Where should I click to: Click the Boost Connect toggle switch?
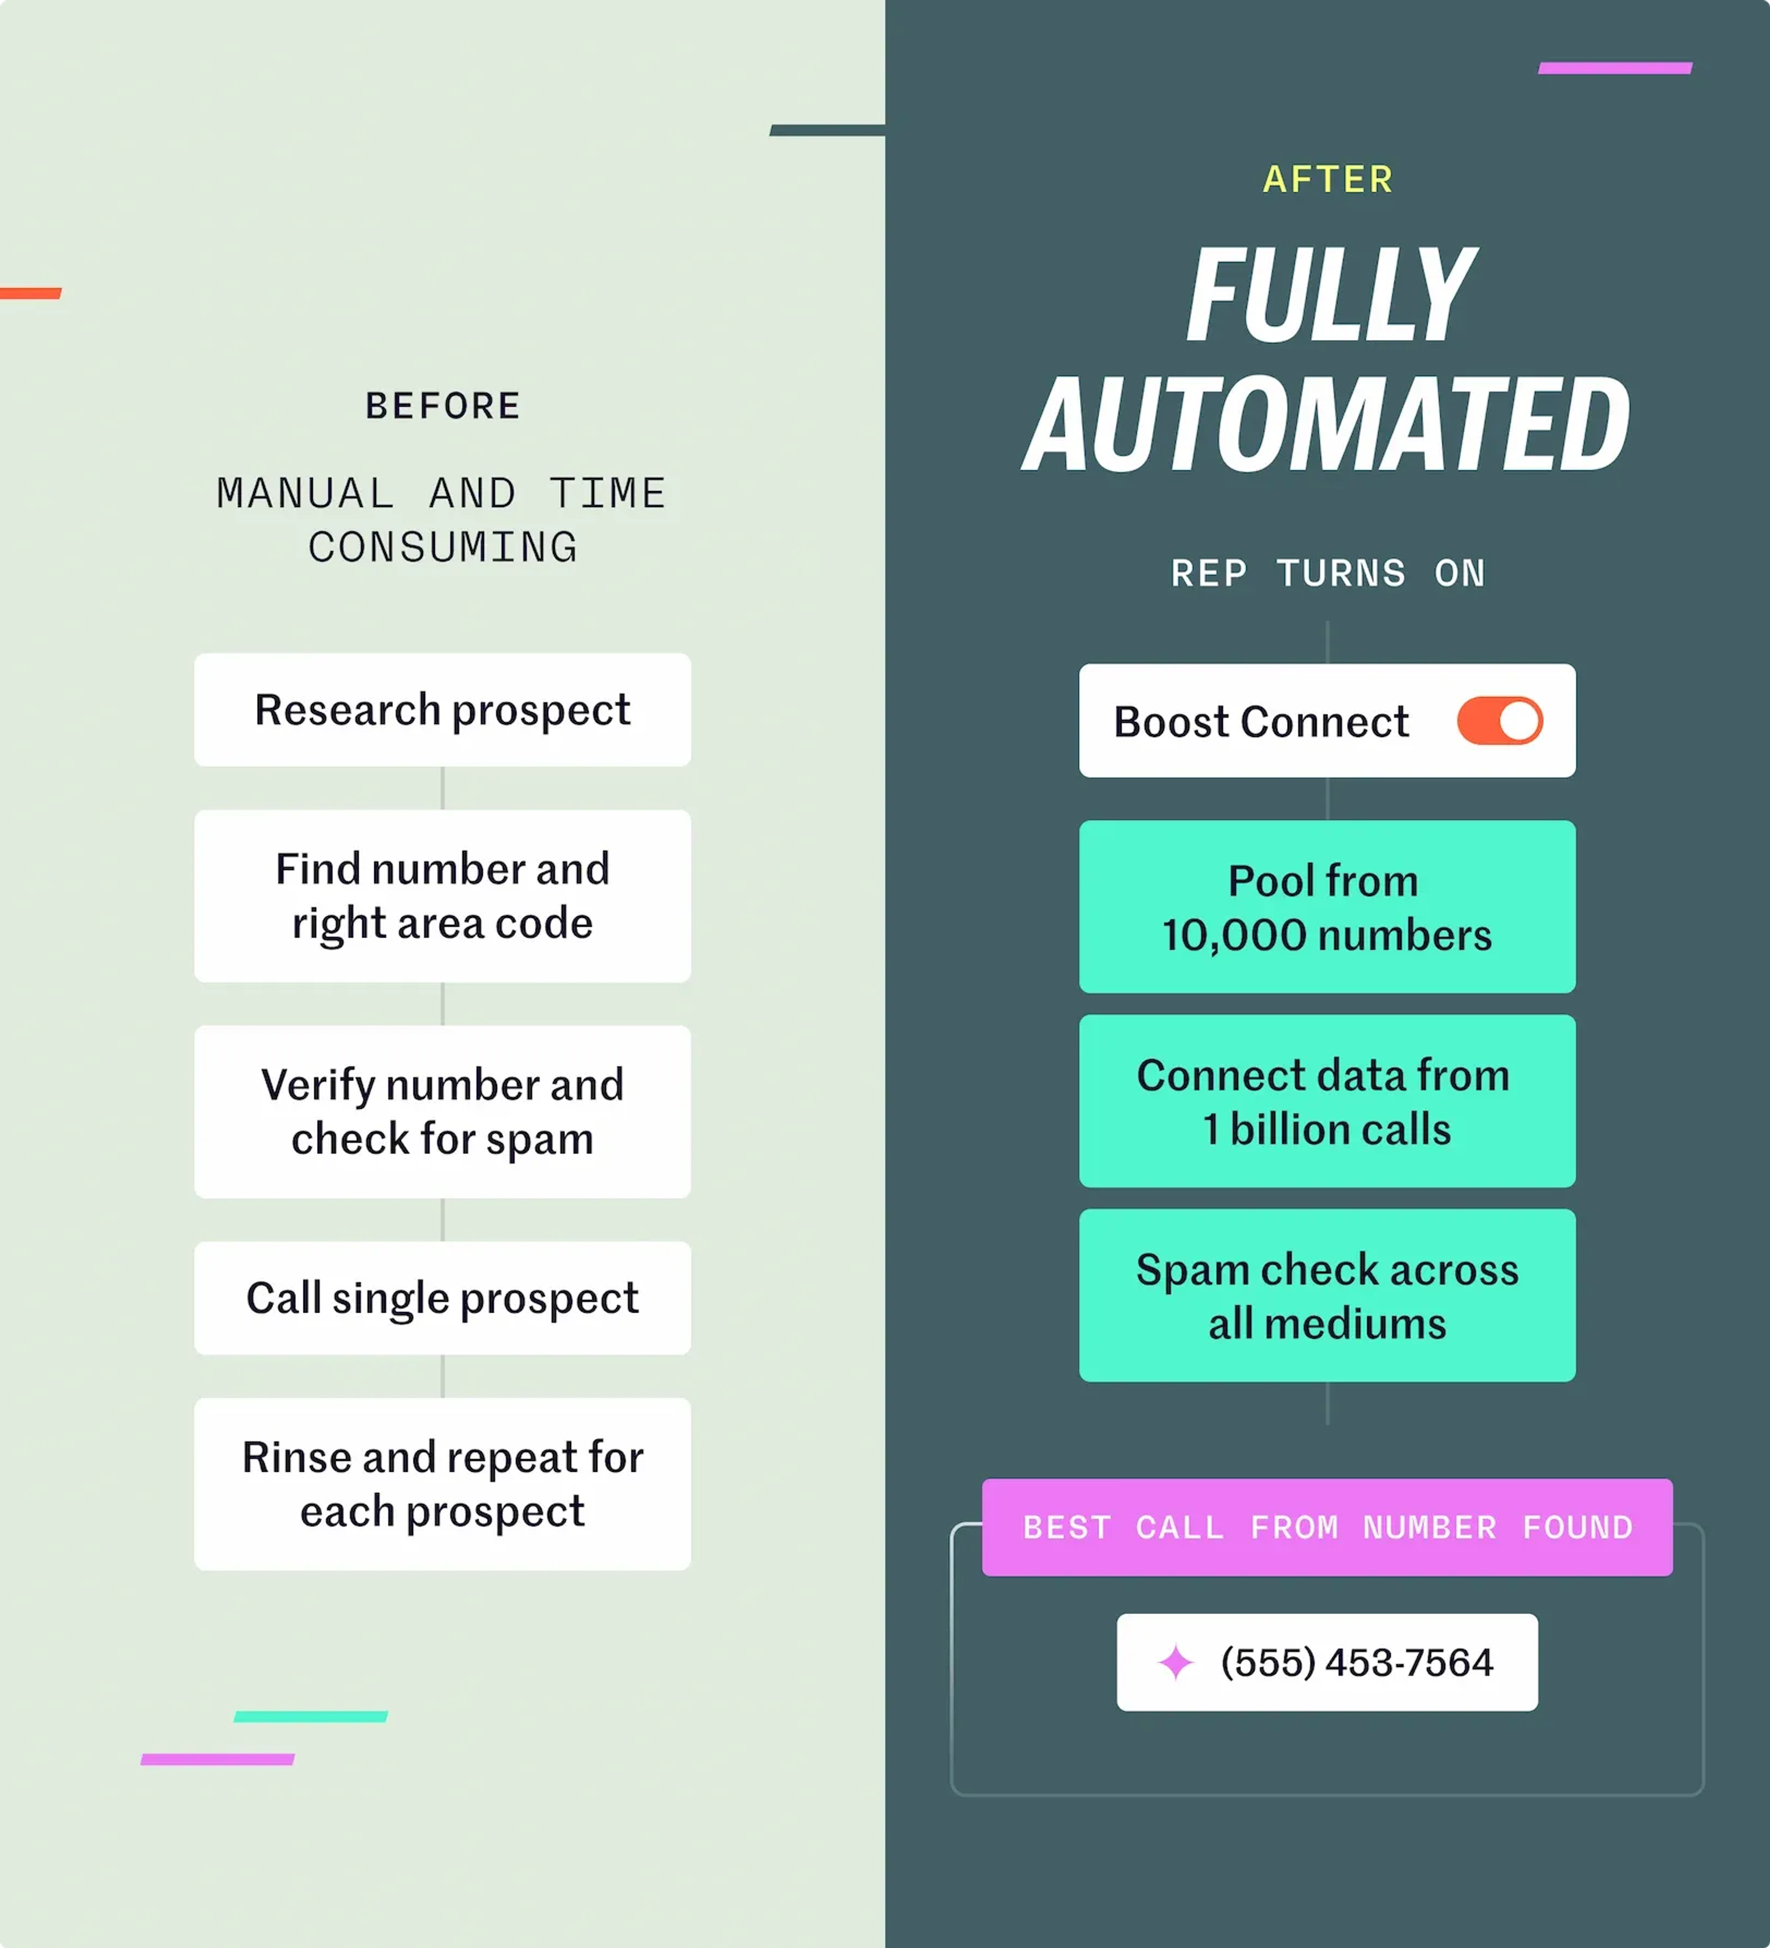pos(1499,721)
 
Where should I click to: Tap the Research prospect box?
pos(442,710)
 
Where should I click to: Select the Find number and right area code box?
pos(442,896)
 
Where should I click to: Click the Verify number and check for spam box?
pos(442,1111)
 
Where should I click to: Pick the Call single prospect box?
pos(442,1298)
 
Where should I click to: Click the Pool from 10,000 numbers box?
pos(1327,906)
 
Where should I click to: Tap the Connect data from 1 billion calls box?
pos(1327,1101)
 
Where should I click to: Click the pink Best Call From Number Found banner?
pos(1327,1527)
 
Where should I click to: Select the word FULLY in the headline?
pos(1329,295)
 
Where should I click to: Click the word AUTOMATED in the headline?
pos(1327,425)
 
